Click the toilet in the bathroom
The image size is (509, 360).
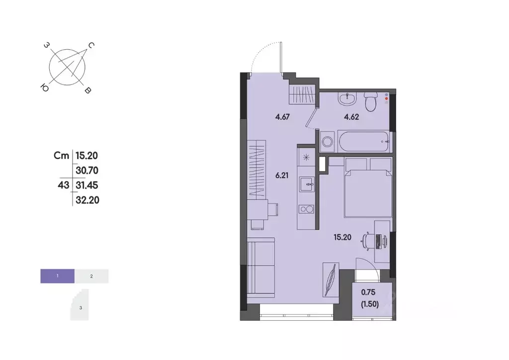click(x=370, y=103)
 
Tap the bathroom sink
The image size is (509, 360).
click(x=347, y=100)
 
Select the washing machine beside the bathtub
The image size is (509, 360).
click(x=328, y=142)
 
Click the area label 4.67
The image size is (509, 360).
click(x=283, y=118)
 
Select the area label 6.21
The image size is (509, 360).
click(x=283, y=176)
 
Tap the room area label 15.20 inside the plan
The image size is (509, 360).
click(x=342, y=237)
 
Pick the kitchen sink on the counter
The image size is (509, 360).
click(x=306, y=183)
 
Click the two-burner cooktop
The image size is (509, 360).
click(x=306, y=209)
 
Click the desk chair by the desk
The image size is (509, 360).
click(x=368, y=240)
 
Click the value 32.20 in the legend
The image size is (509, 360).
click(x=86, y=200)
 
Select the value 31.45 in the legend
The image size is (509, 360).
click(x=86, y=185)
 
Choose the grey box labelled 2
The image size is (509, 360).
click(x=91, y=275)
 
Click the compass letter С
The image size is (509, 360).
click(x=91, y=45)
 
